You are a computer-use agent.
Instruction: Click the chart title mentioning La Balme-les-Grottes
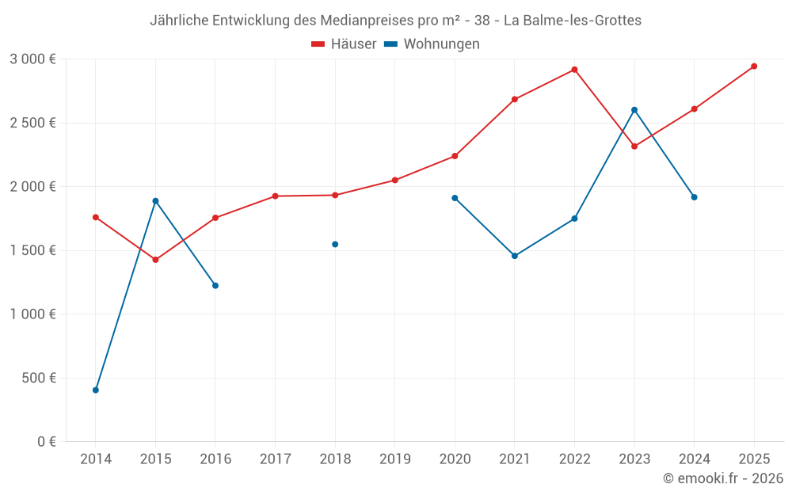(395, 21)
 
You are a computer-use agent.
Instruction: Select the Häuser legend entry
(344, 44)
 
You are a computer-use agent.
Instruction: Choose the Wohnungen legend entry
(432, 44)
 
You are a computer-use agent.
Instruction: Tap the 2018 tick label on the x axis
(335, 459)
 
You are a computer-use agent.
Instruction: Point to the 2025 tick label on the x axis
(754, 459)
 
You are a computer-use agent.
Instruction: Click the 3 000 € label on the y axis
(33, 59)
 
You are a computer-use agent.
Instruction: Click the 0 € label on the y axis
(46, 442)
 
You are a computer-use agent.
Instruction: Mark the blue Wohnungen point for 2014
(96, 390)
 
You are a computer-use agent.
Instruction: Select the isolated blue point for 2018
(335, 244)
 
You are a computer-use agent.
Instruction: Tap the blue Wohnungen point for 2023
(634, 110)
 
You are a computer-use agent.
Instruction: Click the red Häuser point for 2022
(574, 70)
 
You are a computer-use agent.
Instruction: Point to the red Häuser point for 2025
(754, 67)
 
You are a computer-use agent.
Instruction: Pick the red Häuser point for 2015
(155, 260)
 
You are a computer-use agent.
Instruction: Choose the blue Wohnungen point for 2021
(515, 256)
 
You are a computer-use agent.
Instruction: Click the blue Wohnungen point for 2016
(215, 285)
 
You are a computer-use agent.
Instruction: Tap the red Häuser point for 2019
(395, 180)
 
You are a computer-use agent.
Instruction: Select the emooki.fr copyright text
(723, 478)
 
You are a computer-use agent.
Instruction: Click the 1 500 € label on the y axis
(33, 250)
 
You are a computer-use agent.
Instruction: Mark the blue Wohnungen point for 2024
(695, 197)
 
